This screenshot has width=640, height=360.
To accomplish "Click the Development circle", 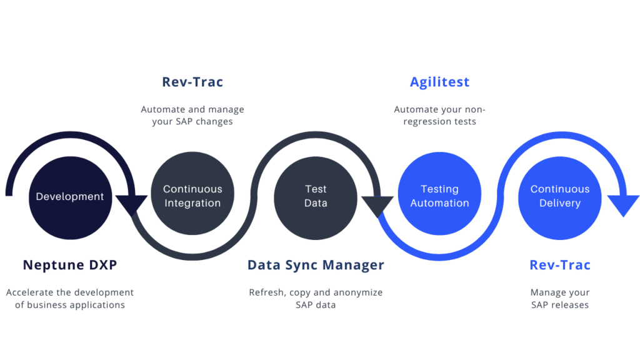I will (70, 196).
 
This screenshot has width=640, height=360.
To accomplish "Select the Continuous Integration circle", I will (192, 196).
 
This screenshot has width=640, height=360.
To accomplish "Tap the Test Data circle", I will (316, 196).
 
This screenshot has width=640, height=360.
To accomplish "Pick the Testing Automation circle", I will (439, 196).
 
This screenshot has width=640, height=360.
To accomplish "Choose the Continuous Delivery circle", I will (559, 196).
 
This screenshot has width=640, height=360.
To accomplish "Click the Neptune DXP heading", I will (70, 265).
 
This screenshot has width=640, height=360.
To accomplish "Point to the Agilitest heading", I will (439, 82).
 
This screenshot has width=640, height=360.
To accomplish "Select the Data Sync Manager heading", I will (316, 265).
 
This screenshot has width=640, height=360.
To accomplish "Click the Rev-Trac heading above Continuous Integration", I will (192, 82).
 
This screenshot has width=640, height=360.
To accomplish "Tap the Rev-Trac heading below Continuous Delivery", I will (559, 265).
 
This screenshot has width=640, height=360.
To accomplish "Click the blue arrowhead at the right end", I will (623, 205).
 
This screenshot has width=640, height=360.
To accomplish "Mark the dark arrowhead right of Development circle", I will (132, 204).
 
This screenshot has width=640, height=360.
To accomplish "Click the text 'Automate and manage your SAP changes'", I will (192, 116).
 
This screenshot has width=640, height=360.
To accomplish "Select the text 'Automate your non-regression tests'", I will (439, 116).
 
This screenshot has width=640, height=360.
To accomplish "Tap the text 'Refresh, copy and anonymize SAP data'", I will (316, 299).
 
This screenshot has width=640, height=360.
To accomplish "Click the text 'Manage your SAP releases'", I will (559, 299).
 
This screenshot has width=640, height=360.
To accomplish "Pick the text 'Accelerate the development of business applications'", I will (70, 299).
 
